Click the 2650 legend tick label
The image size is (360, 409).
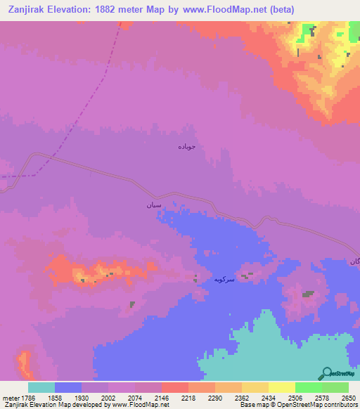[x=349, y=398]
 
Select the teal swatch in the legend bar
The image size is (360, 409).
[x=41, y=387]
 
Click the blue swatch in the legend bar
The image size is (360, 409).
[x=68, y=387]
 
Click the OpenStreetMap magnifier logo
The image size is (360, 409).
[x=326, y=373]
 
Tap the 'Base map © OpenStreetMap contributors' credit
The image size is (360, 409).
[x=298, y=405]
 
